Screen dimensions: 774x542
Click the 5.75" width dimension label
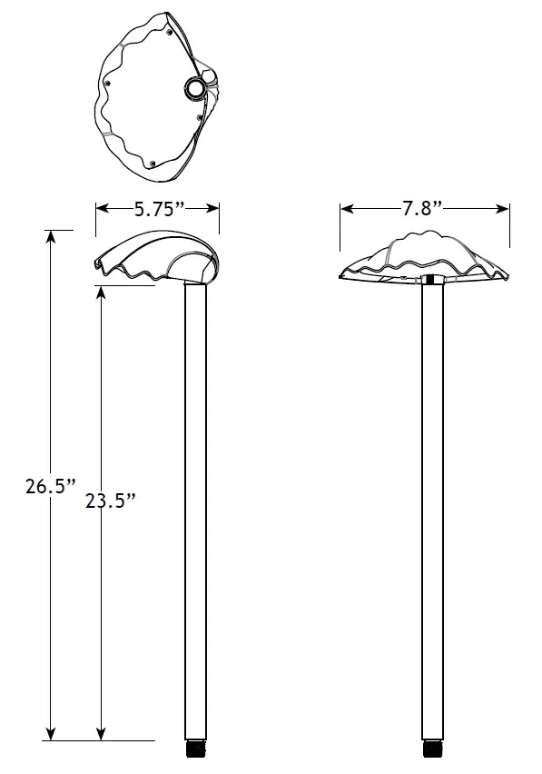(159, 209)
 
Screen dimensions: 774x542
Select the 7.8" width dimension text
(422, 209)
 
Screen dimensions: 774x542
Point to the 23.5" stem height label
(110, 500)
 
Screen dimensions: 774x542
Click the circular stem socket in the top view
(196, 88)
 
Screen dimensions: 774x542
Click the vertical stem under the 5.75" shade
(196, 509)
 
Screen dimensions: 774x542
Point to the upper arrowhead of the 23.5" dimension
(100, 293)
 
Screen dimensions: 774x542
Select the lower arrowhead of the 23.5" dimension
(100, 733)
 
